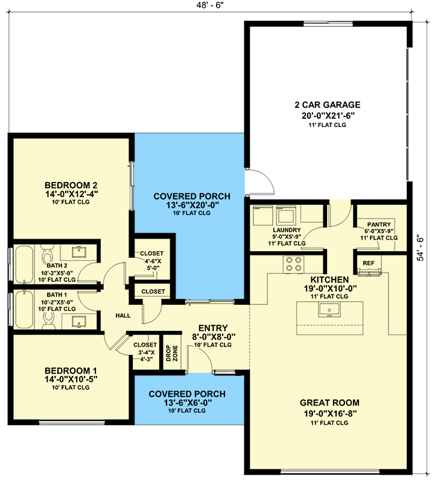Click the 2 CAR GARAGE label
[x=328, y=105]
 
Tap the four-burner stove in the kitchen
[x=293, y=264]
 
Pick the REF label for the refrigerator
[x=368, y=263]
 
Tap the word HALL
[x=123, y=315]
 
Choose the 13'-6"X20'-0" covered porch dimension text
[x=191, y=205]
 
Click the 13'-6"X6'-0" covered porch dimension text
[x=189, y=402]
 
